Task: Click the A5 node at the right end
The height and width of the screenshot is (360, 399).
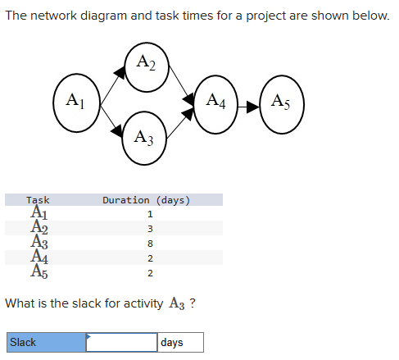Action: tap(280, 103)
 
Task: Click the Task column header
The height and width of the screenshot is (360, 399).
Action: tap(38, 199)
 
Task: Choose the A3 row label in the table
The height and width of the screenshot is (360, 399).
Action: tap(38, 244)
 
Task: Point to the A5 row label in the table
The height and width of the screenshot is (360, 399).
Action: tap(38, 273)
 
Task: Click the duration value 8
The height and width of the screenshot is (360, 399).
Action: tap(150, 244)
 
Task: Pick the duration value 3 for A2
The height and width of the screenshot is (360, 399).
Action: tap(150, 229)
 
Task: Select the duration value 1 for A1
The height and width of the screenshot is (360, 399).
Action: tap(150, 214)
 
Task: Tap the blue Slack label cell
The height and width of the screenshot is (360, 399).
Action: tap(45, 342)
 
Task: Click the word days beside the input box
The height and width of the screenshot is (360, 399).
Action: tap(173, 342)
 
